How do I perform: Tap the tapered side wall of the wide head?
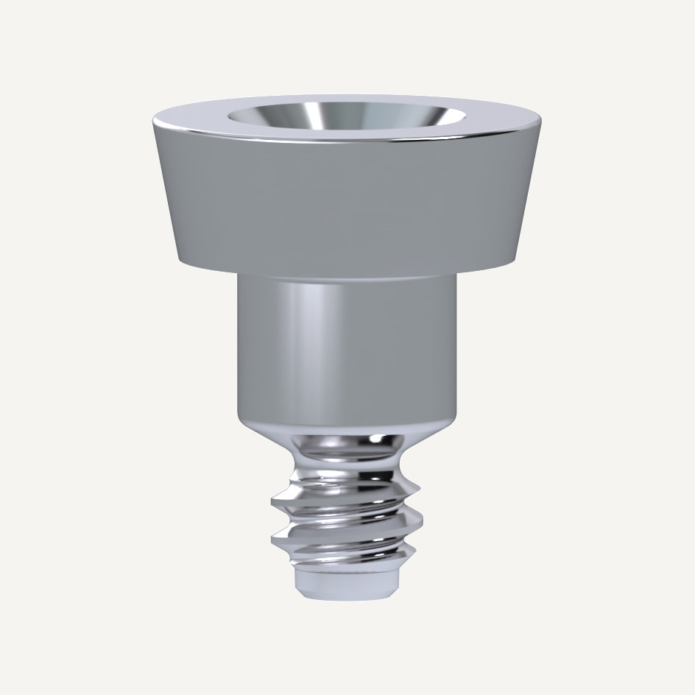(x=346, y=199)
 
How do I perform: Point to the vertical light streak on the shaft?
(x=309, y=346)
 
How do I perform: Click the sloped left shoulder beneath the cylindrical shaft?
(x=258, y=427)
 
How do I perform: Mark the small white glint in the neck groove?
(x=375, y=440)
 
